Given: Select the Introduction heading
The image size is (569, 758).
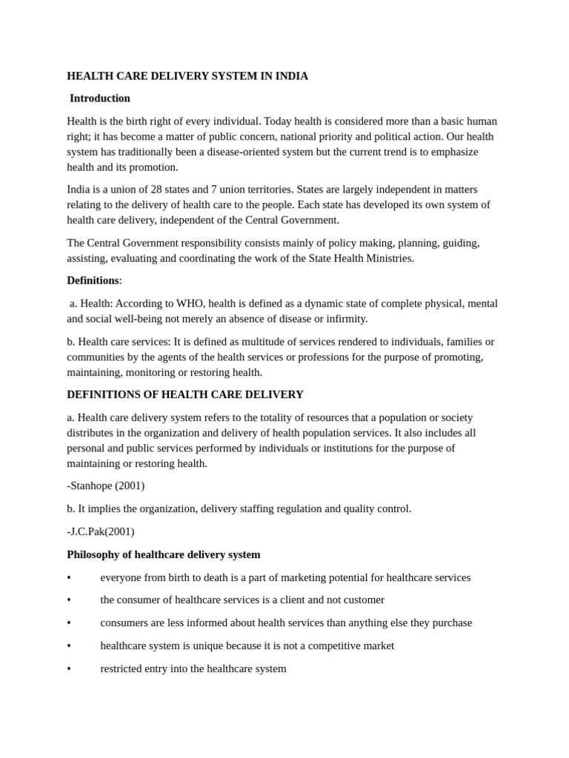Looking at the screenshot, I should click(100, 98).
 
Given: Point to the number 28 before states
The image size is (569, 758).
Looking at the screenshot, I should click(157, 189).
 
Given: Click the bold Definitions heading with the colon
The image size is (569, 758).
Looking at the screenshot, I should click(93, 281).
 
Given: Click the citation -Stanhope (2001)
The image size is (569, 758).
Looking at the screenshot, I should click(106, 486).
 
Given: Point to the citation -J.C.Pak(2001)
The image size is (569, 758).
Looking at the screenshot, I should click(101, 531).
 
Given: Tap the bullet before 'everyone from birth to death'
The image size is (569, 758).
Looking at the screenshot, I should click(69, 578).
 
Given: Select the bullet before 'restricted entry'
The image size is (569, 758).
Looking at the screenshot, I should click(69, 669).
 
